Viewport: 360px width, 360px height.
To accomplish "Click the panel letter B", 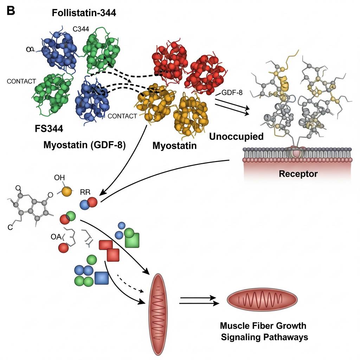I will pos(11,11).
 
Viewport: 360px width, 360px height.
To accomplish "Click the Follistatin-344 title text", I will pos(84,13).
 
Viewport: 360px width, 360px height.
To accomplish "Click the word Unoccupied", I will pos(236,136).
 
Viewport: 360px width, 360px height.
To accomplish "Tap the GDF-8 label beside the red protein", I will pos(232,93).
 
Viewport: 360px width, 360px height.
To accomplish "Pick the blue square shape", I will pos(102,278).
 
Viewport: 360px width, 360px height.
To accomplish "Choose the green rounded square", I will pos(132,242).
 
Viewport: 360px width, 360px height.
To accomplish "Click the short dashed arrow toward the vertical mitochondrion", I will pos(130,283).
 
